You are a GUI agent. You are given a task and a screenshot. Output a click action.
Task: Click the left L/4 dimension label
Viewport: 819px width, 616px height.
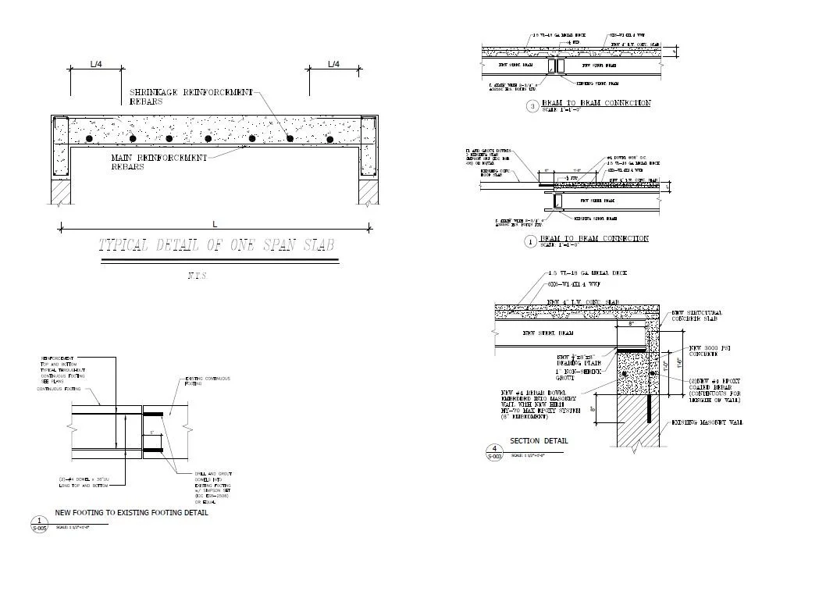[95, 64]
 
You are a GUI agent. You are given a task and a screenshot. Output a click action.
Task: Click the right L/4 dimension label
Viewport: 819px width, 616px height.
[333, 64]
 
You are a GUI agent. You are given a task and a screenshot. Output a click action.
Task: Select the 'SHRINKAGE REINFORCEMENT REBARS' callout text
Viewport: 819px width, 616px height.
[191, 97]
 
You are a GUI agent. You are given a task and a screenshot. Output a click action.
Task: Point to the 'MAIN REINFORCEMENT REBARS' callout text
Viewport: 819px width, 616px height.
[159, 162]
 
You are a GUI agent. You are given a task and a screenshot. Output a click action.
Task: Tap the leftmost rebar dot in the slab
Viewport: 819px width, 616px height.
[90, 139]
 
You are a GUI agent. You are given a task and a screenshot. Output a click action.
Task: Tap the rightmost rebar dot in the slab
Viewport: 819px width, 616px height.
[330, 140]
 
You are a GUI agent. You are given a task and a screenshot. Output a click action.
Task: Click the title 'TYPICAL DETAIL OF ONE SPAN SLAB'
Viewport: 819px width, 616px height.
[217, 245]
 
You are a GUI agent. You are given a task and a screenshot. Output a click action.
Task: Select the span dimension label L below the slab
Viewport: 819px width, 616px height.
[215, 224]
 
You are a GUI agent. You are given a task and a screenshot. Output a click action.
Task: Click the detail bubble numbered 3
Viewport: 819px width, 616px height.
[532, 106]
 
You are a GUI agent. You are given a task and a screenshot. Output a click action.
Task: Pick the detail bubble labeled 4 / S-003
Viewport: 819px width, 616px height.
[494, 452]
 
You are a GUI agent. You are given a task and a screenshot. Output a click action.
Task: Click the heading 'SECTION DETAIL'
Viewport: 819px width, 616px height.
[539, 441]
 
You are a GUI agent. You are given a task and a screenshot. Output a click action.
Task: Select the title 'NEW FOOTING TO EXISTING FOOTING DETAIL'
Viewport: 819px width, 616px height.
[131, 513]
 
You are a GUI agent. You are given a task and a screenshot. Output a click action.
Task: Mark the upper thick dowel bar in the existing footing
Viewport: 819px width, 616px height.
[151, 414]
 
